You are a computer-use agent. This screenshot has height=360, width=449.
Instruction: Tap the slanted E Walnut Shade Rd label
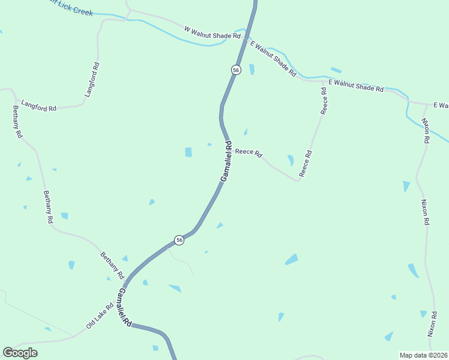273,58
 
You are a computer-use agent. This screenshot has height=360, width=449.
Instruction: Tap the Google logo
20,353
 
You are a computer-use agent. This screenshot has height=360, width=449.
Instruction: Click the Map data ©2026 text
423,355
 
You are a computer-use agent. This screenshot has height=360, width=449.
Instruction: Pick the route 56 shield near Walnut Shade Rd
236,70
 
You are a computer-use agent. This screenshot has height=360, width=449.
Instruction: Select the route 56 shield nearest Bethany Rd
179,240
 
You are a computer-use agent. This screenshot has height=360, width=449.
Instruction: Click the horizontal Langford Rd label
38,106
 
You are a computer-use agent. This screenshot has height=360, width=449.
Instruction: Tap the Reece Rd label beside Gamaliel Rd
249,152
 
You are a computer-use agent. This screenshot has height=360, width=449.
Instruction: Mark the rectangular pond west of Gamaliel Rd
188,152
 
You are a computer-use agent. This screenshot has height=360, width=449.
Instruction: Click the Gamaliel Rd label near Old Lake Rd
124,307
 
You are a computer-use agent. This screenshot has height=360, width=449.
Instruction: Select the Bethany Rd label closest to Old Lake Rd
112,266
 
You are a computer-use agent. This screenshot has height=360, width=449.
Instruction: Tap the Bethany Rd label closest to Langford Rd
17,122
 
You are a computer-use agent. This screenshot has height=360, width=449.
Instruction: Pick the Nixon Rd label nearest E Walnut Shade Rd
426,130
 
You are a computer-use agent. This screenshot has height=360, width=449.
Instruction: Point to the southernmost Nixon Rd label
431,323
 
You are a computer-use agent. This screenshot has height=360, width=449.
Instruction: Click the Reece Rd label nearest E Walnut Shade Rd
324,101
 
